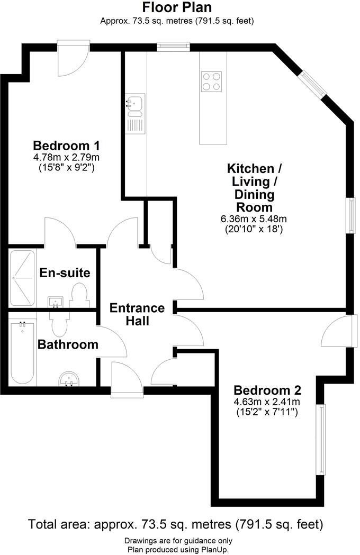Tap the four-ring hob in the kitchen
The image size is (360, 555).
(212, 81)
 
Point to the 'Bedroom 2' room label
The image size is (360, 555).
(267, 390)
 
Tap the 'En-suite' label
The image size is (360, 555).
(65, 273)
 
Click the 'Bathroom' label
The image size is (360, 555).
(68, 344)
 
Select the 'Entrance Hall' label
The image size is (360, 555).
(137, 314)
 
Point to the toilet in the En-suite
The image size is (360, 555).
(79, 294)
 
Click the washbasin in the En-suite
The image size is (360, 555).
(55, 302)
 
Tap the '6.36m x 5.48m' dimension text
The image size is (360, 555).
(254, 219)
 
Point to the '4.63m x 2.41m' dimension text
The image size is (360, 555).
(267, 402)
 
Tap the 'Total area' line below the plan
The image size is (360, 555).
(175, 525)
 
